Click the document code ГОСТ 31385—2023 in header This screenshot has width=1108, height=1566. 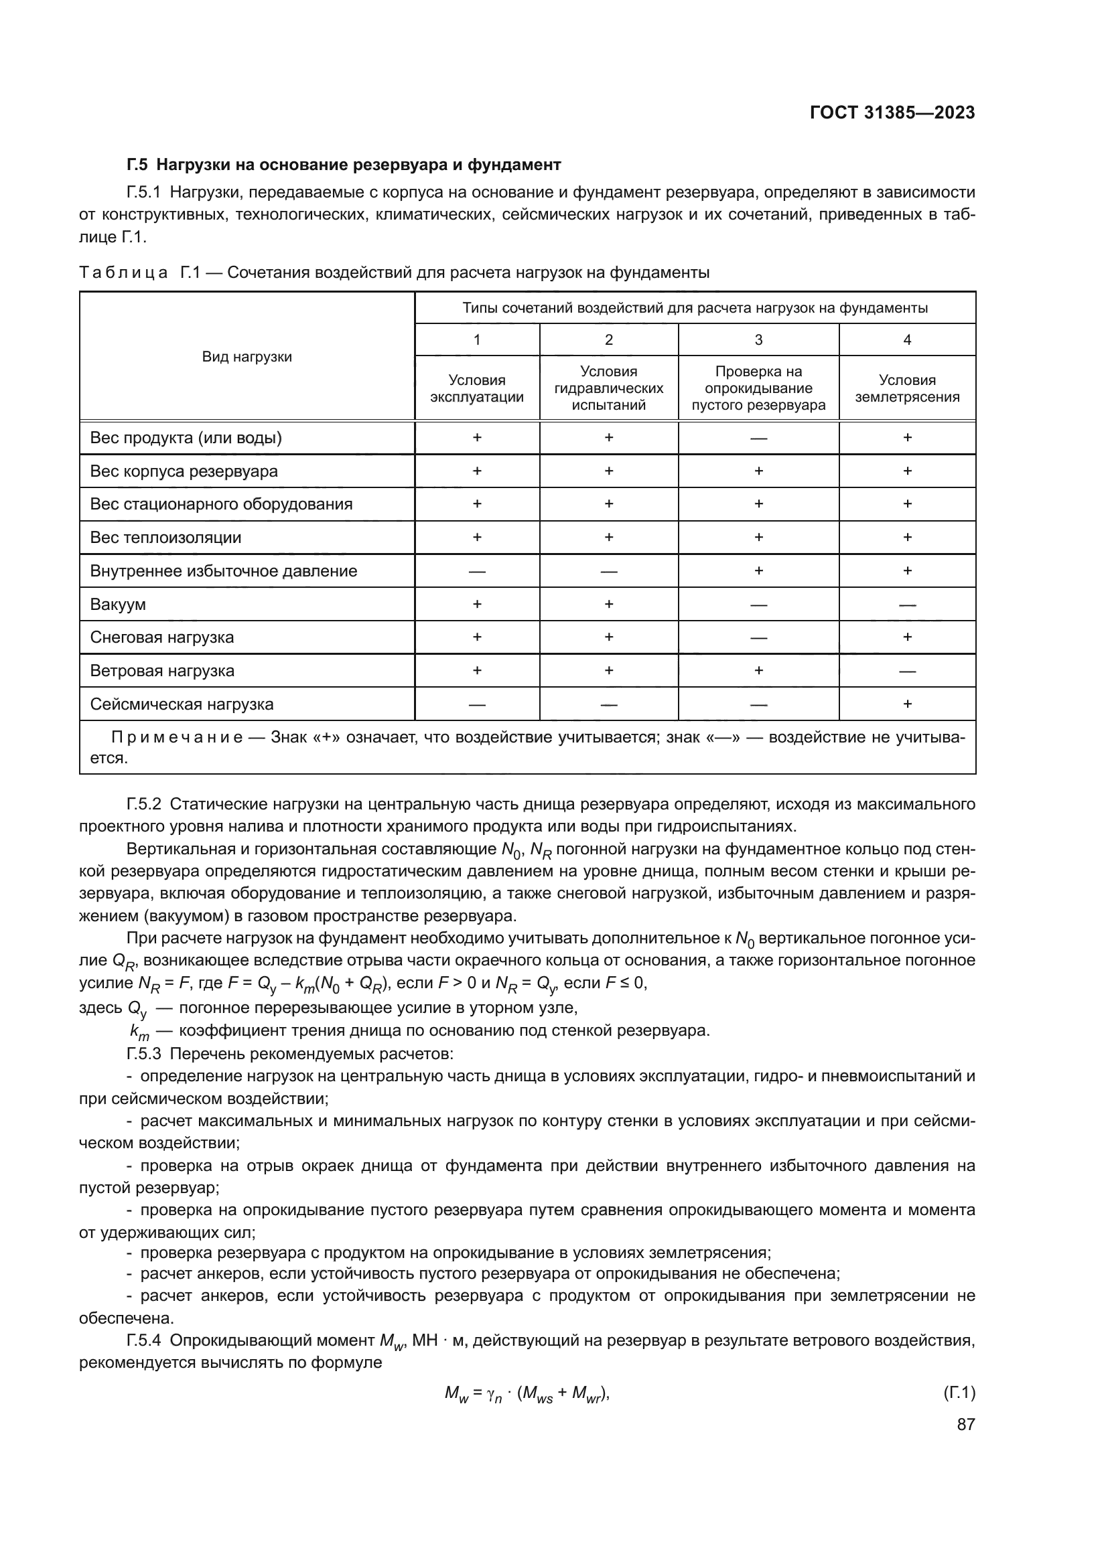892,113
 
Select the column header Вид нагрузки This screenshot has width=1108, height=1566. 247,357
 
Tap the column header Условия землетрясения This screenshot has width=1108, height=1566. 907,389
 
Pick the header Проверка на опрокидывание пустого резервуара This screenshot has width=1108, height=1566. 758,389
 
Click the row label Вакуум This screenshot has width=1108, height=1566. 117,605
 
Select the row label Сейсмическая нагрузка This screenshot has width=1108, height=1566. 182,704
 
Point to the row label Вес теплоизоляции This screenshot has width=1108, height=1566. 165,538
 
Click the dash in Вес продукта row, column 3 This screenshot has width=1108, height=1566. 758,439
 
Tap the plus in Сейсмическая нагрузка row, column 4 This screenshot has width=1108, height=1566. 907,704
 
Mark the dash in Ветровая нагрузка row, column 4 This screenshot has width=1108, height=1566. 907,671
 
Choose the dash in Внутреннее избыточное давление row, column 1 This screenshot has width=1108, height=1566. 477,572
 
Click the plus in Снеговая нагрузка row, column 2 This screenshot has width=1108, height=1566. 608,637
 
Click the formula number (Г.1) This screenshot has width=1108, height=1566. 959,1393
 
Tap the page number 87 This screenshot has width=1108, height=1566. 965,1424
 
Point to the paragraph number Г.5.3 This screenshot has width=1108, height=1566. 144,1053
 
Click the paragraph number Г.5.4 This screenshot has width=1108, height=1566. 144,1340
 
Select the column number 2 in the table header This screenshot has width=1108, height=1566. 608,339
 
